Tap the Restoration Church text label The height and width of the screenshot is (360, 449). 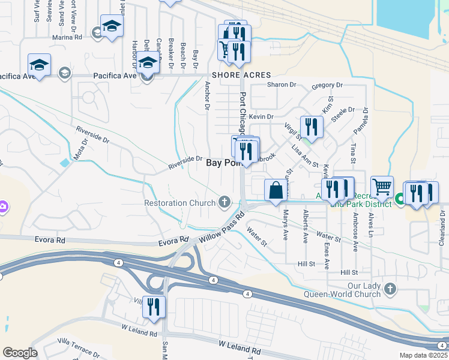[179, 203]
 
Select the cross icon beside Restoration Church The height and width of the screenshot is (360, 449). [225, 202]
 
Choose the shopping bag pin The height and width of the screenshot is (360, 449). [276, 191]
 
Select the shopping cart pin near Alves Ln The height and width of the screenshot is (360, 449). [382, 187]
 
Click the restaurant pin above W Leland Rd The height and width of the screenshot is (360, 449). [154, 307]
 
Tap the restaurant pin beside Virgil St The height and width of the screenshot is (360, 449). [311, 127]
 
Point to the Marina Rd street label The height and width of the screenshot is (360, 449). [67, 37]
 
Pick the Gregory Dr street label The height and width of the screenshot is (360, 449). [327, 86]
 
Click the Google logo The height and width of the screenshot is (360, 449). [20, 353]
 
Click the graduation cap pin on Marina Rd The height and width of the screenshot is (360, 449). [111, 26]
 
